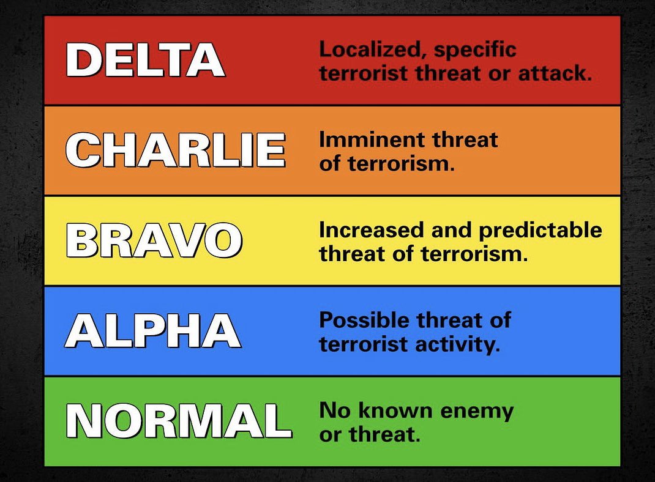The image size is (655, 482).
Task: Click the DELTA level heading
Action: click(145, 61)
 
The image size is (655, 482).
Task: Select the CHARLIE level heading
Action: click(175, 150)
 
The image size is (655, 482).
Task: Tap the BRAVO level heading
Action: click(154, 240)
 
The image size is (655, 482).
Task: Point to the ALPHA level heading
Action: click(152, 331)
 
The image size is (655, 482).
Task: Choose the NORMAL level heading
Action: click(178, 421)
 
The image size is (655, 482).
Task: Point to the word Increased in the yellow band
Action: click(364, 231)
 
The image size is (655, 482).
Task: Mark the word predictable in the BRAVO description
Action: click(540, 231)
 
